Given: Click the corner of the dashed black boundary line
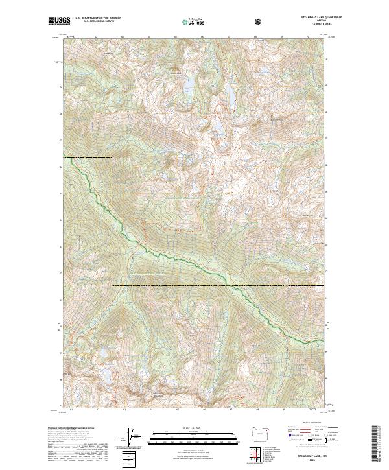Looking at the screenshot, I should [112, 158].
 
